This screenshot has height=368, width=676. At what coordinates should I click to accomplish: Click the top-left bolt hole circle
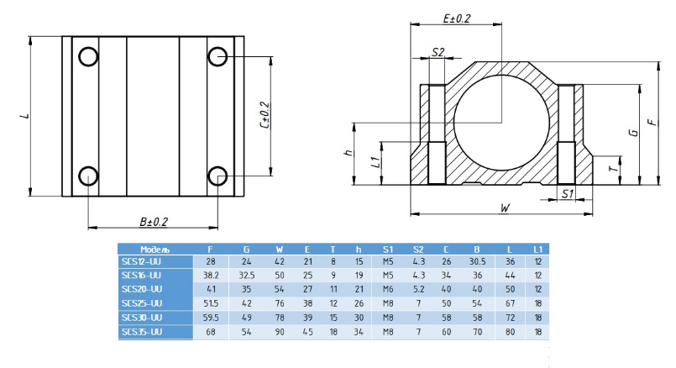pyautogui.click(x=79, y=56)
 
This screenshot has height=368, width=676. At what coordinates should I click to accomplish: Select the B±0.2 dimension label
pyautogui.click(x=154, y=222)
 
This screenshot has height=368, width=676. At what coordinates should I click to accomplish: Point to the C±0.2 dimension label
pyautogui.click(x=265, y=115)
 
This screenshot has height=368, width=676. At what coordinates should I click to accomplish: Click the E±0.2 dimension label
pyautogui.click(x=457, y=18)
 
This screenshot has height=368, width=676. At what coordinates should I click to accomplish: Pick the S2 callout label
pyautogui.click(x=438, y=52)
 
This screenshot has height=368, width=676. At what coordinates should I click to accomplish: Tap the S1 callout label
pyautogui.click(x=568, y=194)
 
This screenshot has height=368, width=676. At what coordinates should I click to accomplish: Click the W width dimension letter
pyautogui.click(x=505, y=208)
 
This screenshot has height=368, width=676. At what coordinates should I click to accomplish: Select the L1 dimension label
pyautogui.click(x=376, y=162)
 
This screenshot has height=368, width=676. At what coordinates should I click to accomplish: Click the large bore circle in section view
pyautogui.click(x=454, y=123)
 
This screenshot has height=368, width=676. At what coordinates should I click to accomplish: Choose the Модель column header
pyautogui.click(x=155, y=250)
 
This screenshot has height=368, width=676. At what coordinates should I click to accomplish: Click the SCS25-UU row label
pyautogui.click(x=142, y=303)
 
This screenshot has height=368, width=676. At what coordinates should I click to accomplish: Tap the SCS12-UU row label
pyautogui.click(x=141, y=261)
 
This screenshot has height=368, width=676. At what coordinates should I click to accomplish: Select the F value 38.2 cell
pyautogui.click(x=211, y=276)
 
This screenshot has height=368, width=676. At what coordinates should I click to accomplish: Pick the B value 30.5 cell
pyautogui.click(x=477, y=261)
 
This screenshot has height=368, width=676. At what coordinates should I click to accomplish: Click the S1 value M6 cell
pyautogui.click(x=388, y=289)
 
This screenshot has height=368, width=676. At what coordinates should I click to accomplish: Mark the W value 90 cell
pyautogui.click(x=280, y=332)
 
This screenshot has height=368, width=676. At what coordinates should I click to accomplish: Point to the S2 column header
pyautogui.click(x=418, y=250)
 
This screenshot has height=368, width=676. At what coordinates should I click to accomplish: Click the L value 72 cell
pyautogui.click(x=511, y=318)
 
